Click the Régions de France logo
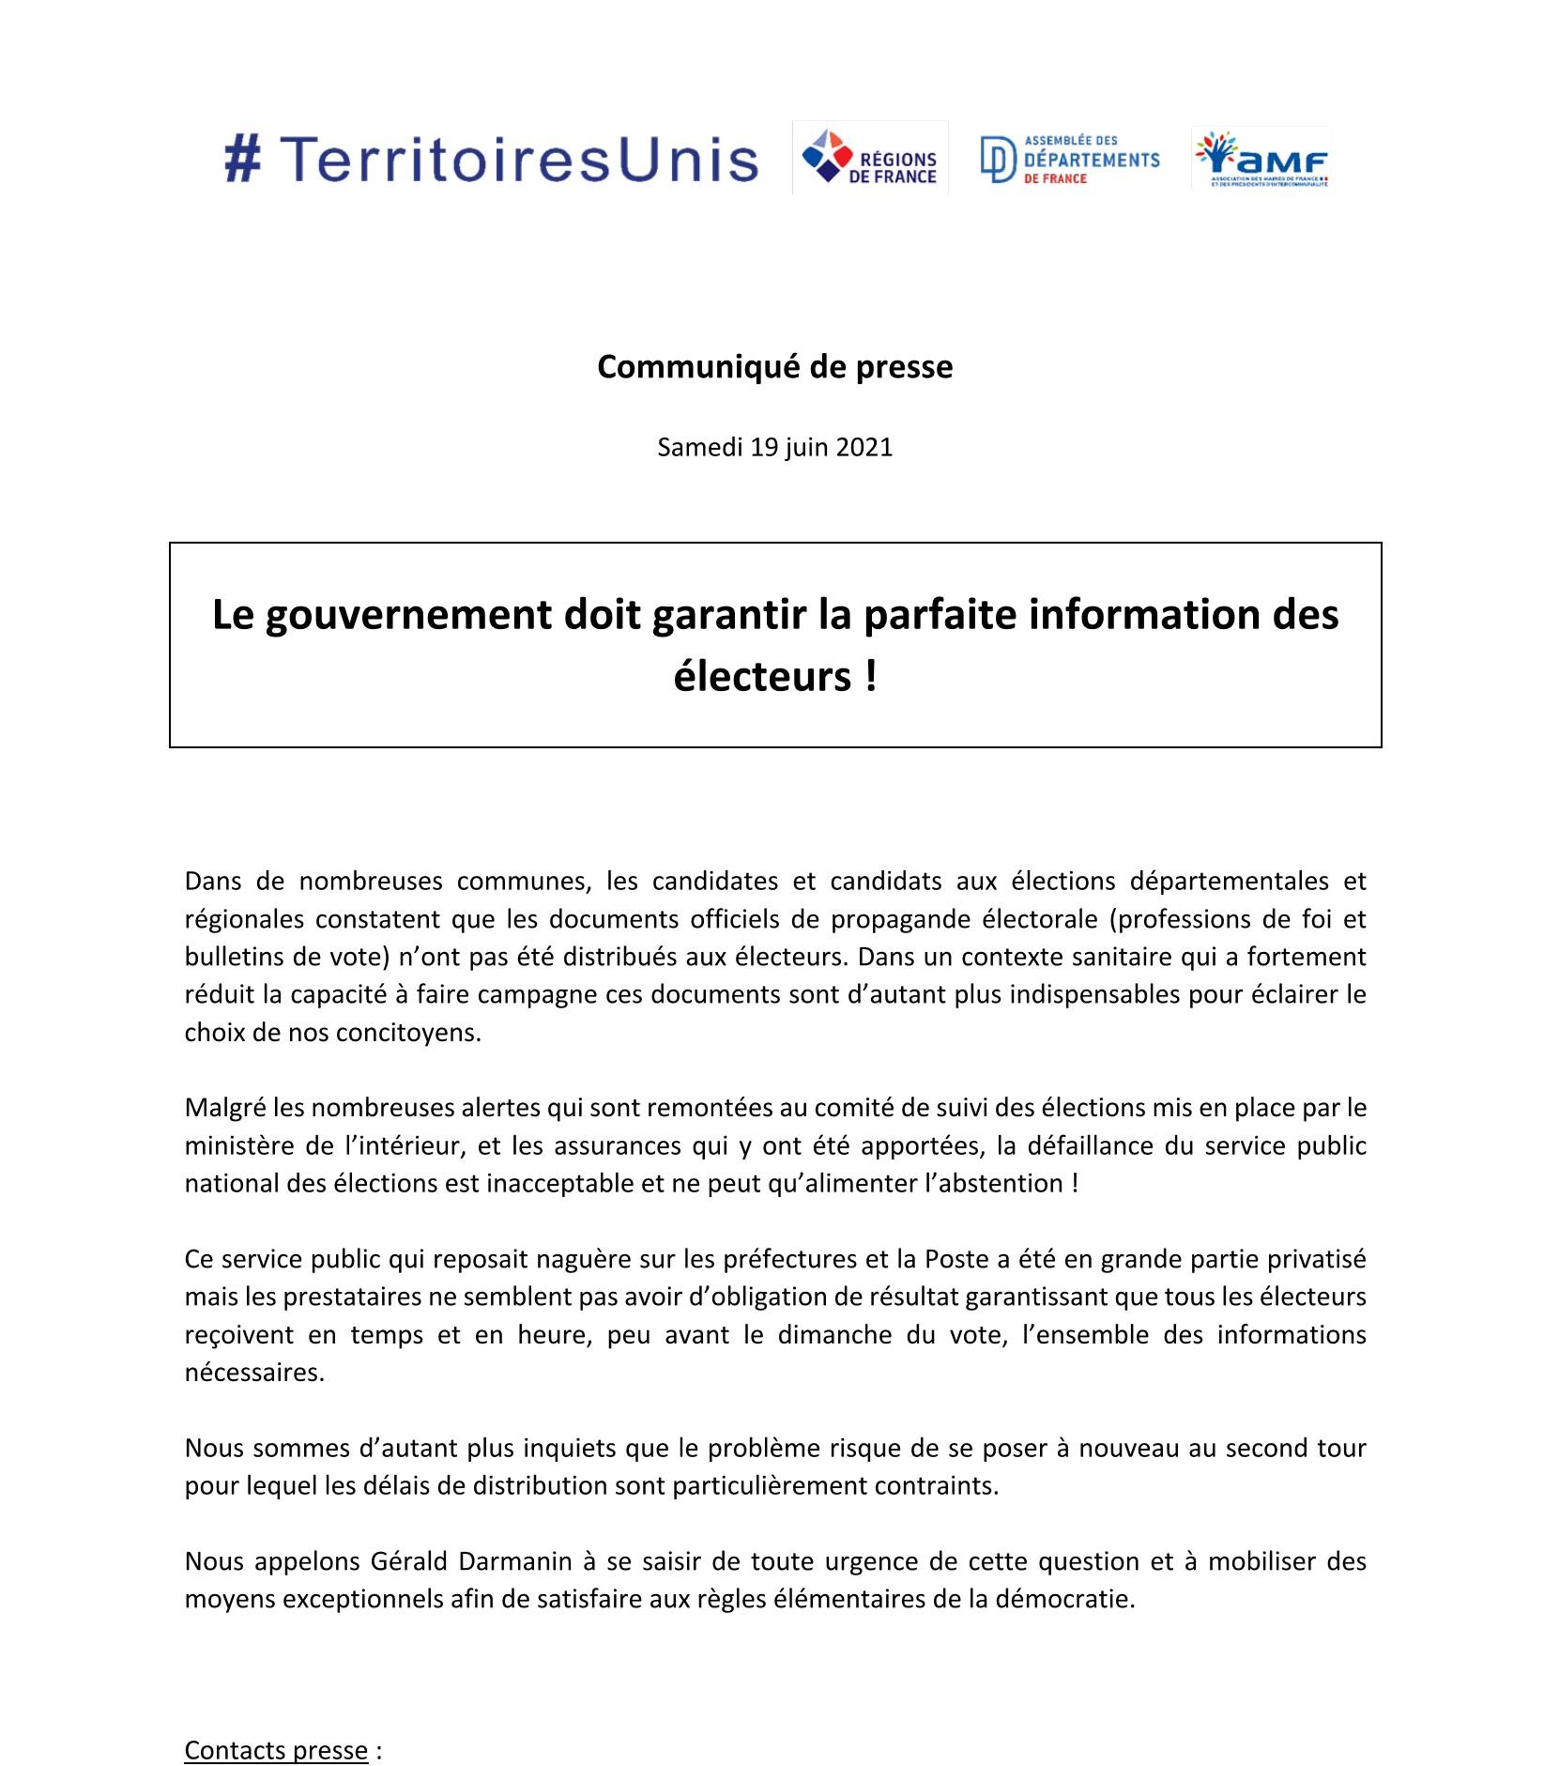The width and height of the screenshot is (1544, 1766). [x=869, y=159]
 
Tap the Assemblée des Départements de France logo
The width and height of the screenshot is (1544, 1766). [x=1070, y=159]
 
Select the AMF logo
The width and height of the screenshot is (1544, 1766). [x=1261, y=159]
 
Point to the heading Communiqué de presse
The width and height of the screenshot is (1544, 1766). [x=774, y=367]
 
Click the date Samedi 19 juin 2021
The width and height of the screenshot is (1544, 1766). [x=774, y=447]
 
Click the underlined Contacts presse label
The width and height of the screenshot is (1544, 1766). [x=276, y=1724]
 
